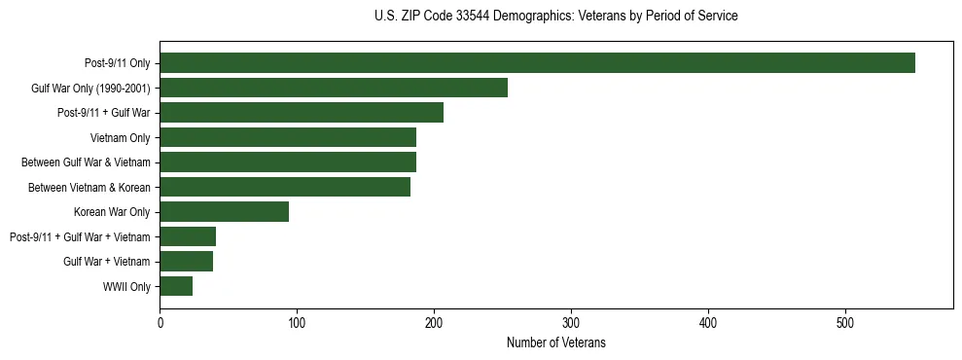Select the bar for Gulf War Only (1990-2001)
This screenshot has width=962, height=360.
[x=334, y=88]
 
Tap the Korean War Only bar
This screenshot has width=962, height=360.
[x=224, y=211]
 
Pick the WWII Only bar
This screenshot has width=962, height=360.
[x=176, y=286]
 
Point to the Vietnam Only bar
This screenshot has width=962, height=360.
[x=288, y=137]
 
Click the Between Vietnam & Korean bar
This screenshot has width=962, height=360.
[x=285, y=187]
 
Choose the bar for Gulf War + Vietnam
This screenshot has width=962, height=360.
[x=186, y=261]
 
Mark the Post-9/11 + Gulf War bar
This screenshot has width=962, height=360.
[x=302, y=113]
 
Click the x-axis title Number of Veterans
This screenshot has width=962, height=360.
[x=555, y=342]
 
